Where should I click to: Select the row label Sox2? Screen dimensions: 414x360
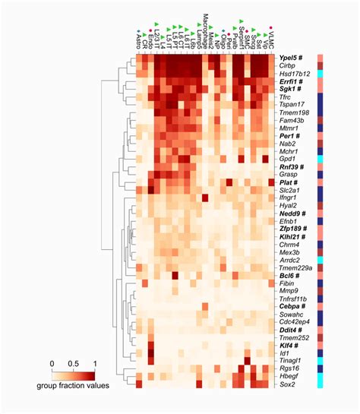click(x=286, y=384)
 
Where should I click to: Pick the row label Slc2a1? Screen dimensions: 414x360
click(x=291, y=190)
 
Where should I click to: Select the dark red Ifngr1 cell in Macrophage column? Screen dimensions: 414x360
click(x=205, y=198)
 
